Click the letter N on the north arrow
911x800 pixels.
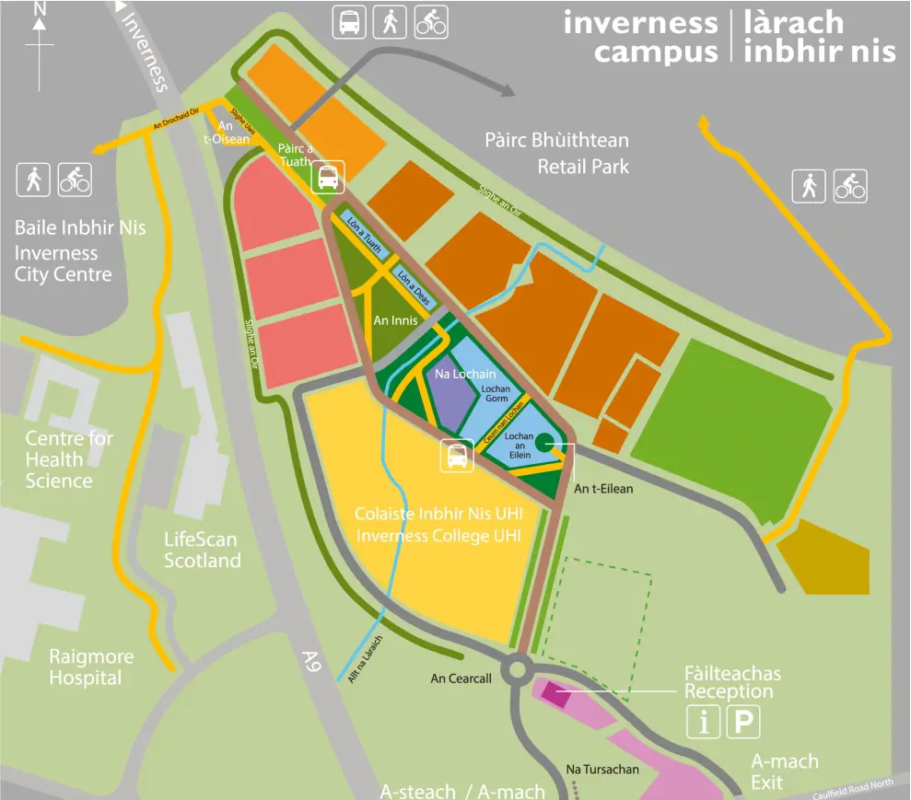(40, 8)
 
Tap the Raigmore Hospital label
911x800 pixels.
(91, 667)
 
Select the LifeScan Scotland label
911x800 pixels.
(202, 551)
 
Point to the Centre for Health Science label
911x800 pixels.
(68, 459)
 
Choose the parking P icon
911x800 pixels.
(743, 723)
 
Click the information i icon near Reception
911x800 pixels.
(704, 723)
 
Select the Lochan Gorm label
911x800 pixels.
(496, 394)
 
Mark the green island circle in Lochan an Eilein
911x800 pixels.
(544, 443)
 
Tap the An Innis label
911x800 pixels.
(395, 320)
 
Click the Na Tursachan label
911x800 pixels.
(601, 769)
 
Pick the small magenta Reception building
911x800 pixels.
(555, 694)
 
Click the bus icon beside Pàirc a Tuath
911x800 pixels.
(328, 176)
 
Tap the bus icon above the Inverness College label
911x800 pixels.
(457, 456)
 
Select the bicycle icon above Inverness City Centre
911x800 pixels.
(75, 180)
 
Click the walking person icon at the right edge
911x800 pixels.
(809, 187)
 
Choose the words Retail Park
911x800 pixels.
(583, 167)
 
